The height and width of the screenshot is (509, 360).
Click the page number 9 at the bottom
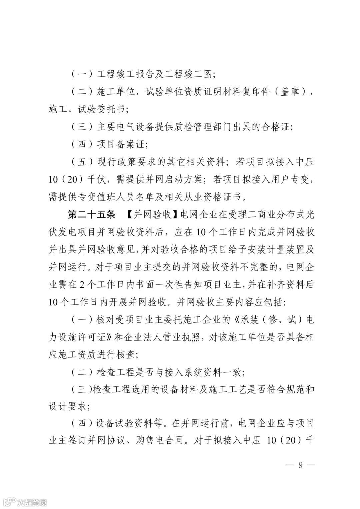pos(300,465)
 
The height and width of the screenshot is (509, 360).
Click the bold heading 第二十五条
pos(91,215)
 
